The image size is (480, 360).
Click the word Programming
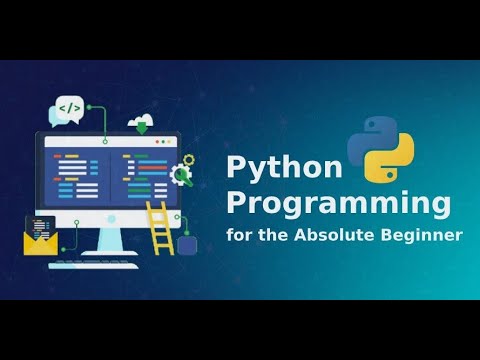(x=338, y=205)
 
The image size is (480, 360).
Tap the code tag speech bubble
(x=69, y=109)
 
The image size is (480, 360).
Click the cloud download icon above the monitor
(x=139, y=121)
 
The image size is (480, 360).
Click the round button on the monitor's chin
(x=108, y=222)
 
